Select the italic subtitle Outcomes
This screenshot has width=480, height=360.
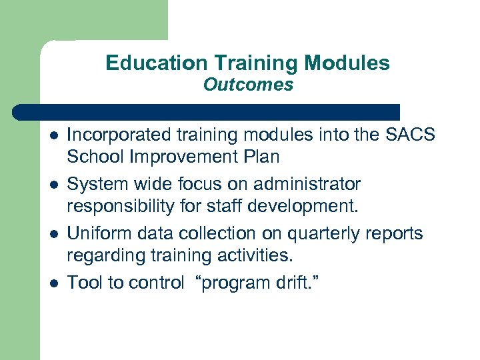point(248,85)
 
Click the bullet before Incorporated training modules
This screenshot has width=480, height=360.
point(53,135)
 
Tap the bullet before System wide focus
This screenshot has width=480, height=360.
point(53,185)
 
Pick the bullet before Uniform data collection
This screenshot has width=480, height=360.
point(53,234)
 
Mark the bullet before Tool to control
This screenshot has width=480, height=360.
point(53,283)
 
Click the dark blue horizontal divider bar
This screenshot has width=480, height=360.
point(207,112)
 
